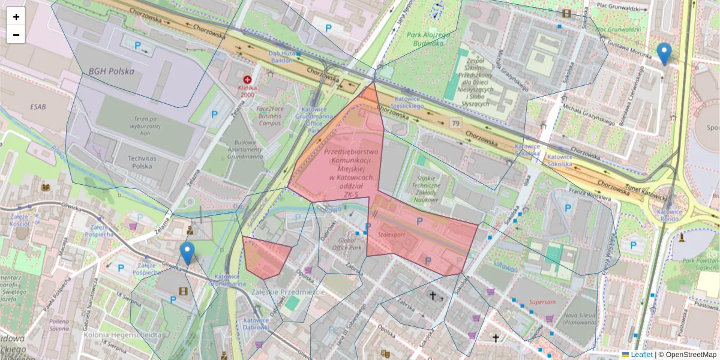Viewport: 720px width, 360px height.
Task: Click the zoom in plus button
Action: coord(16,17)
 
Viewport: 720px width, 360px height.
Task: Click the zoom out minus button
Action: coord(16,35)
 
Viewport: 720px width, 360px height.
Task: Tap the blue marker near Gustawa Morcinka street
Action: coord(664,53)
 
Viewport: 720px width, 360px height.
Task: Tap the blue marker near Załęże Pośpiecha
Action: coord(188,253)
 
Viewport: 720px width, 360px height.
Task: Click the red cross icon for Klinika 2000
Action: coord(247,79)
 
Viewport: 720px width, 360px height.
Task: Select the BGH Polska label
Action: coord(111,71)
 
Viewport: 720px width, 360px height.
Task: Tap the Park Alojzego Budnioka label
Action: coord(428,39)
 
